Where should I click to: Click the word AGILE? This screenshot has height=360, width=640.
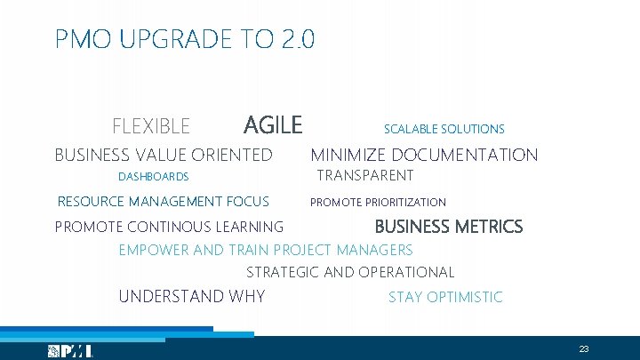pyautogui.click(x=273, y=125)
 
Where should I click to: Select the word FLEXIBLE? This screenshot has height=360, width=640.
pyautogui.click(x=151, y=127)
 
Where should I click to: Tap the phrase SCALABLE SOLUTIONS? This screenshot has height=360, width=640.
pyautogui.click(x=444, y=129)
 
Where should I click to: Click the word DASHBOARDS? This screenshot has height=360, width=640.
pyautogui.click(x=153, y=177)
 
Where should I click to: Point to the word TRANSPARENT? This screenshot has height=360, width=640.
pyautogui.click(x=365, y=175)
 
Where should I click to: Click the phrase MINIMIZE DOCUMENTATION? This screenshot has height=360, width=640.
pyautogui.click(x=424, y=156)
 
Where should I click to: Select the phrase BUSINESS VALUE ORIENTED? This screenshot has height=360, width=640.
pyautogui.click(x=164, y=156)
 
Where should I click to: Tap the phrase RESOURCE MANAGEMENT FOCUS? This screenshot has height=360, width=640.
pyautogui.click(x=163, y=202)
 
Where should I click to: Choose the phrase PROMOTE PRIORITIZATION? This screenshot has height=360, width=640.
pyautogui.click(x=378, y=203)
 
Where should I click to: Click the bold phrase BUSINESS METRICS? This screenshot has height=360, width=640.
pyautogui.click(x=448, y=227)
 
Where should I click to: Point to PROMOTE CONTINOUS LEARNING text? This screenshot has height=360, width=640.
pyautogui.click(x=169, y=228)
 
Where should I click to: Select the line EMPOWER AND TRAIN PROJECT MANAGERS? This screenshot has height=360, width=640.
pyautogui.click(x=266, y=250)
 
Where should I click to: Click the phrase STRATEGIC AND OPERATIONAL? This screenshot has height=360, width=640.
pyautogui.click(x=349, y=273)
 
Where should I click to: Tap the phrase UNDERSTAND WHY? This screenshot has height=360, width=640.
pyautogui.click(x=191, y=296)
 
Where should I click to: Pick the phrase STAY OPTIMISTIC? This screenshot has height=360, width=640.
pyautogui.click(x=444, y=297)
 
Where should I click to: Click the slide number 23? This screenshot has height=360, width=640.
pyautogui.click(x=584, y=348)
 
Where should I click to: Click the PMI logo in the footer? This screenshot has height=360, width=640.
pyautogui.click(x=70, y=351)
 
